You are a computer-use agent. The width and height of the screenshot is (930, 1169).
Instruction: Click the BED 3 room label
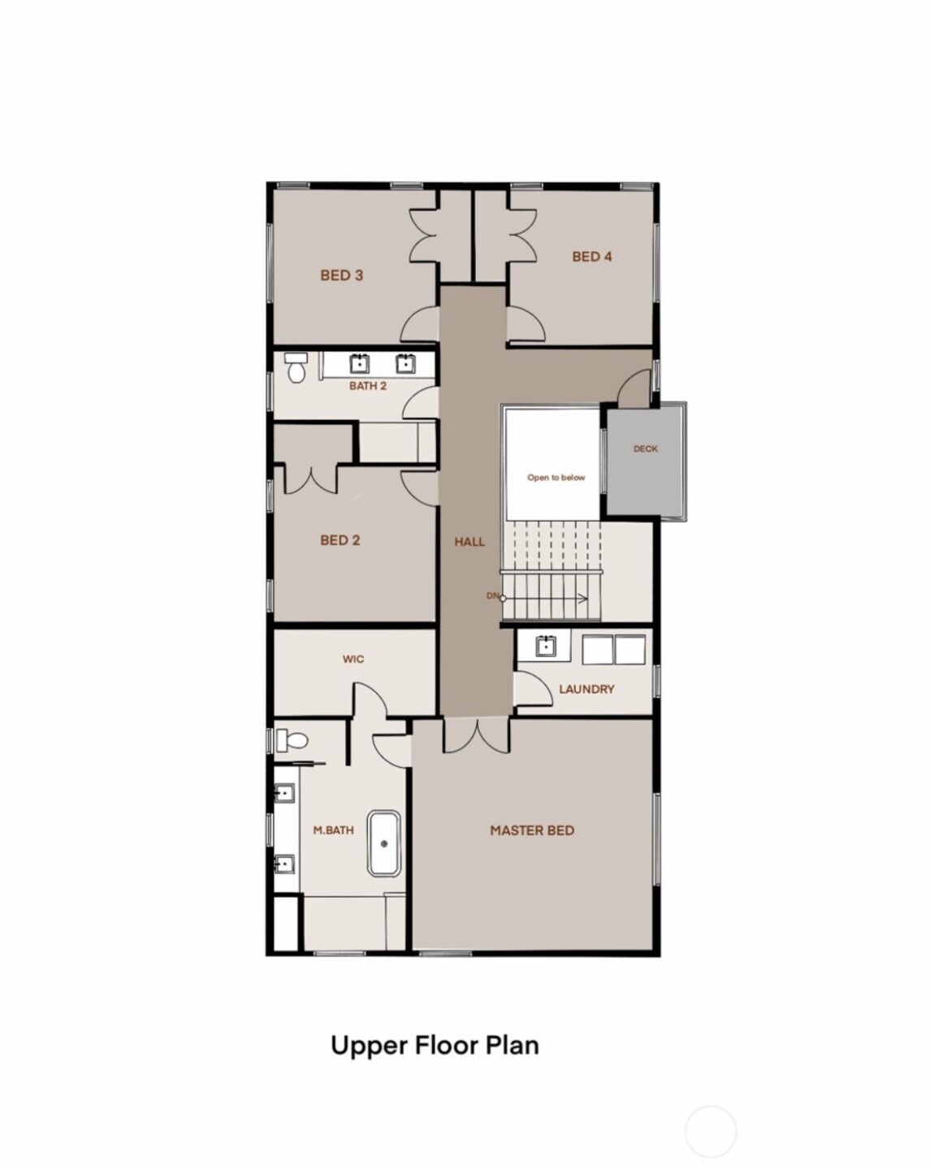[341, 275]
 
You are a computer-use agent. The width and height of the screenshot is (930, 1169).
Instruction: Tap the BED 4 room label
[591, 257]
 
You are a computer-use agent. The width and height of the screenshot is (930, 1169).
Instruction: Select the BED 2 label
[340, 540]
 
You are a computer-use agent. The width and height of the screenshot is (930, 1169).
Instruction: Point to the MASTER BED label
[532, 830]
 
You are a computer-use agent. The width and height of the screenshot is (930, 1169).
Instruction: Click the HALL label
[469, 542]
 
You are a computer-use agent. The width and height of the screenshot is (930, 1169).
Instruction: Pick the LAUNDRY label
[586, 689]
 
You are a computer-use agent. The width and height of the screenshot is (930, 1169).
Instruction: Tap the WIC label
[353, 659]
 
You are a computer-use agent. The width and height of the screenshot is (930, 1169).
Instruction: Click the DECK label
[646, 448]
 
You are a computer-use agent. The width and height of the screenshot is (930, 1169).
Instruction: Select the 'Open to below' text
[556, 478]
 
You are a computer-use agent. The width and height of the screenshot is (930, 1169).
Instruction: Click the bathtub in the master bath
[384, 843]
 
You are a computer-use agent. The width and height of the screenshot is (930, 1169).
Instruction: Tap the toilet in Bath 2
[296, 368]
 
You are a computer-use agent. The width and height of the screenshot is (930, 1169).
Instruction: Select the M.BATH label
[334, 830]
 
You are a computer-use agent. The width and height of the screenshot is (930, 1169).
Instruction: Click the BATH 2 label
[368, 386]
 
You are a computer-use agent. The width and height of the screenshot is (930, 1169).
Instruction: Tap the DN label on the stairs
[492, 596]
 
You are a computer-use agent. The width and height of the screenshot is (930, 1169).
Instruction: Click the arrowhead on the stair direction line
[584, 600]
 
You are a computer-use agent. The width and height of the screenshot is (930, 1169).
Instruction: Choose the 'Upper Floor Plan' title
[435, 1045]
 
